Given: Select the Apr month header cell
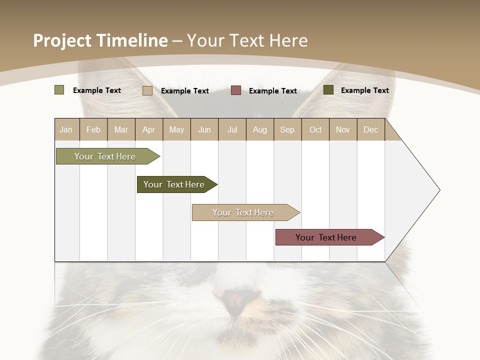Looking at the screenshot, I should [149, 129].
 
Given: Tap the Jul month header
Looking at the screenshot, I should [232, 129].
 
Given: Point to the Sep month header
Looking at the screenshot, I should [287, 129].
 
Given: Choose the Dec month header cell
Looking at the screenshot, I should [370, 129].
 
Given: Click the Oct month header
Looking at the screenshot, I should [315, 129].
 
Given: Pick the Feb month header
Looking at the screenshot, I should [93, 129].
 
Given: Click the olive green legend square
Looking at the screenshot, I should [59, 90].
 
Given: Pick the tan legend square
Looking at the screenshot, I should [147, 90].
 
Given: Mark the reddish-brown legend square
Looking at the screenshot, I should [236, 90].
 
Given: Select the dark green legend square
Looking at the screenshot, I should [328, 90].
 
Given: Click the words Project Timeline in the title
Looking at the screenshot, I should [100, 40].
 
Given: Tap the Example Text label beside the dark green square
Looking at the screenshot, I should [364, 90].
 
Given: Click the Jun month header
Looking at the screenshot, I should [204, 129].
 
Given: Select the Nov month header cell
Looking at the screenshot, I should [343, 129].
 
